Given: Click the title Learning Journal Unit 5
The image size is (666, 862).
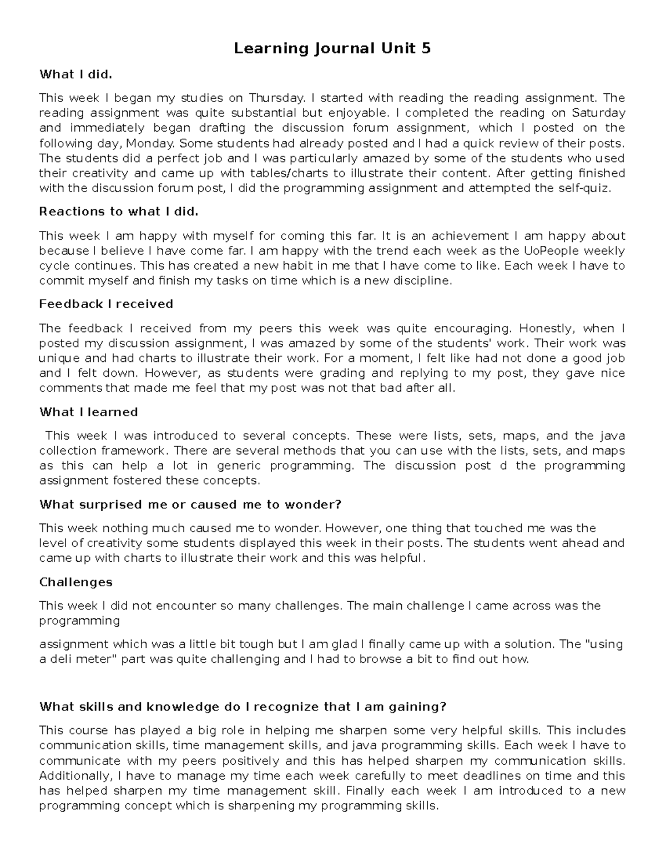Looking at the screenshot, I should point(332,49).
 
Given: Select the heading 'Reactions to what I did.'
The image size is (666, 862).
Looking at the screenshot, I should point(118,211).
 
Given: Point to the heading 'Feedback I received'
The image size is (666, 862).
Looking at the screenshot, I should point(106,304).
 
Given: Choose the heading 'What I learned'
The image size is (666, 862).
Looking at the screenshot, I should point(88,412).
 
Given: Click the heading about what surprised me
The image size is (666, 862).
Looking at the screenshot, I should point(190,505).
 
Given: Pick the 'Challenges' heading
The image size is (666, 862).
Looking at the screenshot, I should point(75,582).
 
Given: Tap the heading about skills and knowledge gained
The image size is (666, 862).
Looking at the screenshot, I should point(243,707).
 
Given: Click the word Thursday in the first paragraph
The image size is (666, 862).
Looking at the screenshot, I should point(276,98).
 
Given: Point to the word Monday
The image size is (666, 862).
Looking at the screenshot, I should point(151,143).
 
